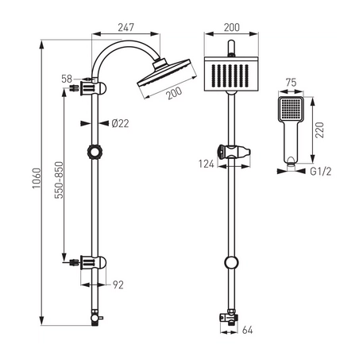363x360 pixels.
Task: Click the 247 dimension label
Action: pos(126,27)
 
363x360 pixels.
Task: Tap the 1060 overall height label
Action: pos(37,178)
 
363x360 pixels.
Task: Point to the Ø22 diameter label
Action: pos(120,123)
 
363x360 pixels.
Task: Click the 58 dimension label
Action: pos(67,79)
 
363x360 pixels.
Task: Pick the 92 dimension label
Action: pos(118,285)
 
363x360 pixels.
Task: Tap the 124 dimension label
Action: pos(207,164)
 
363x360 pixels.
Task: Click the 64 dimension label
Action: pos(248,330)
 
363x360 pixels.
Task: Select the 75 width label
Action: pos(291,83)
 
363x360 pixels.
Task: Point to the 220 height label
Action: pos(319,130)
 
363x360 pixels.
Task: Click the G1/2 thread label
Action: pos(321,172)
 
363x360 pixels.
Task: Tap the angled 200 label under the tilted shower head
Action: pos(175,93)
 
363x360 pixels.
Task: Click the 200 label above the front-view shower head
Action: pos(232,27)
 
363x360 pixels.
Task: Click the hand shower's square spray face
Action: pos(291,109)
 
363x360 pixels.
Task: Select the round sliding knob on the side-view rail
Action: pos(95,152)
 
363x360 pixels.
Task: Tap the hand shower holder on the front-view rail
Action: pos(234,152)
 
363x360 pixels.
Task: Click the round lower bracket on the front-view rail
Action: pos(231,263)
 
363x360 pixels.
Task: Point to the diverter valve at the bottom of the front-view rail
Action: pos(230,317)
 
